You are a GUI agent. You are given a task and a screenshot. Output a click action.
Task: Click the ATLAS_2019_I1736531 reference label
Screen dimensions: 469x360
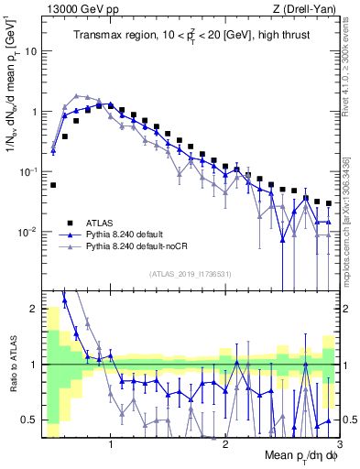coord(191,273)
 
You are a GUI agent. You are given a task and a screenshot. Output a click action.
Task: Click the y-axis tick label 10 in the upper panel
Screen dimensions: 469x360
coord(29,51)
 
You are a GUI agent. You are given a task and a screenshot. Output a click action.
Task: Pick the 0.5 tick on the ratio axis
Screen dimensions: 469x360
coord(29,420)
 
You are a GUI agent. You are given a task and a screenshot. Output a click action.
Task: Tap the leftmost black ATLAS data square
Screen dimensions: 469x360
coord(53,185)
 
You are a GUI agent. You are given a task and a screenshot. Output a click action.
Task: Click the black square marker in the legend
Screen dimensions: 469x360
coord(70,222)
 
